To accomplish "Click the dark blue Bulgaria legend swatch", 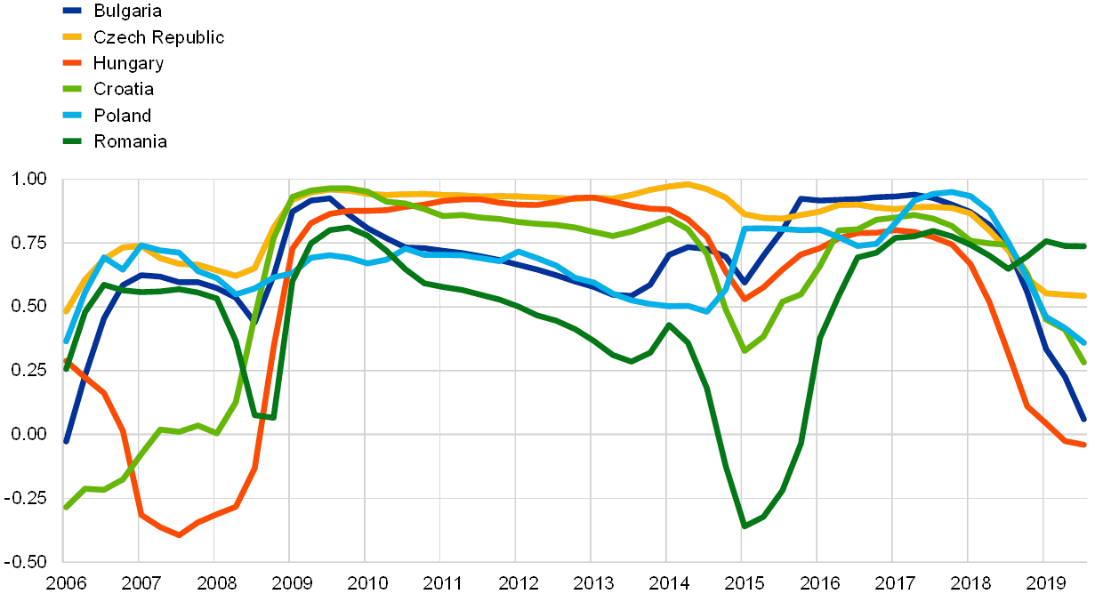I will point(72,12).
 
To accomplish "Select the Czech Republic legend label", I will point(158,37).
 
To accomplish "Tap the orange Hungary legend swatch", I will point(72,63).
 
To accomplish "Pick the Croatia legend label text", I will point(125,89).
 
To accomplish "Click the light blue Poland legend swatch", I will point(72,115).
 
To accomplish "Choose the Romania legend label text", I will point(131,140).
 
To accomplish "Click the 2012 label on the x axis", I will point(519,583).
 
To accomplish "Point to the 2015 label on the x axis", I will point(745,583).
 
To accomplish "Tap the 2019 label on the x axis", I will point(1047,583).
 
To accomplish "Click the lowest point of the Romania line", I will point(744,526).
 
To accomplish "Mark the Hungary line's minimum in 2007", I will point(179,534).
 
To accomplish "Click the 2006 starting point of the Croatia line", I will point(65,508).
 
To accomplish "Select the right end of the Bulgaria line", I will point(1084,420).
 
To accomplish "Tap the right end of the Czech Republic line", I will point(1084,295).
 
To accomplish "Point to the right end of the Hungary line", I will point(1084,445).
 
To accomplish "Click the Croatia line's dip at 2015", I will point(745,351).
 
